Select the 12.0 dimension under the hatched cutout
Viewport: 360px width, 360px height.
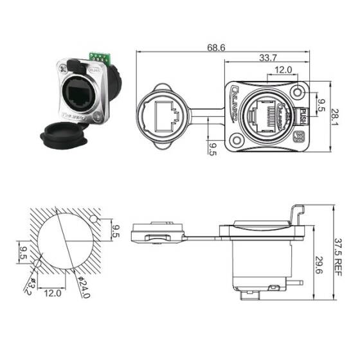pyautogui.click(x=53, y=293)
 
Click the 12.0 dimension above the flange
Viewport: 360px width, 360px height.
pyautogui.click(x=283, y=69)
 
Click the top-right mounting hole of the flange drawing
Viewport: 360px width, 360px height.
pyautogui.click(x=298, y=92)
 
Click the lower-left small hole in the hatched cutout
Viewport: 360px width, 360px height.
pyautogui.click(x=40, y=262)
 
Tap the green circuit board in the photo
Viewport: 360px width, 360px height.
pyautogui.click(x=100, y=59)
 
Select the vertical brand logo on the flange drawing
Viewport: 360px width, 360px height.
pyautogui.click(x=237, y=102)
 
